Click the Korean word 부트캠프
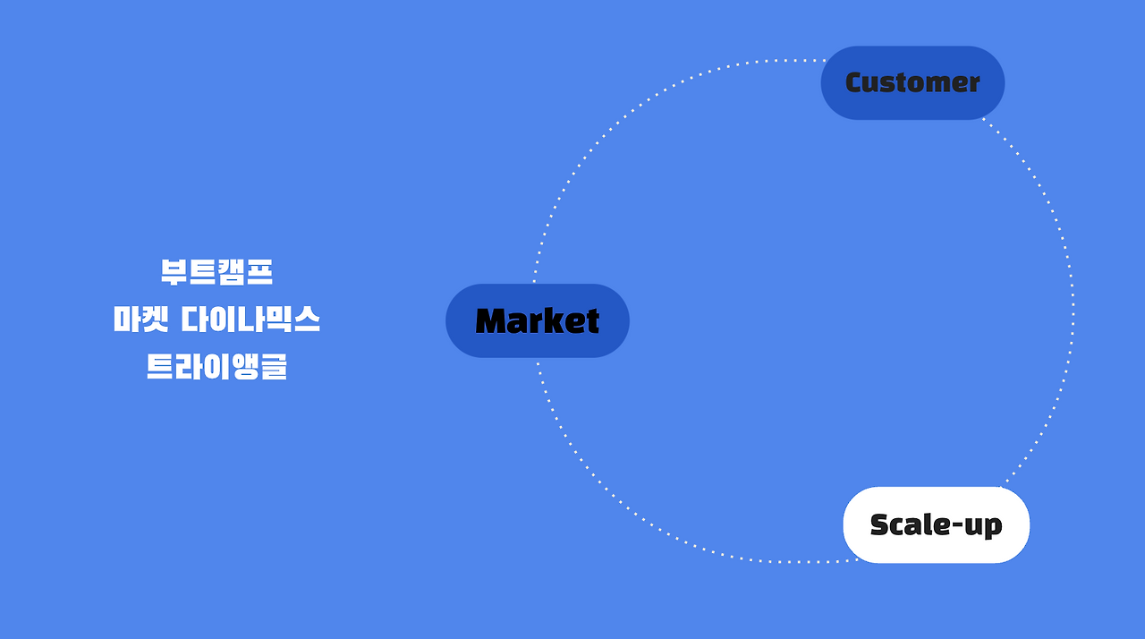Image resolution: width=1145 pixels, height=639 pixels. pos(216,272)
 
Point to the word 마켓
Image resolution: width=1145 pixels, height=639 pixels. pos(140,319)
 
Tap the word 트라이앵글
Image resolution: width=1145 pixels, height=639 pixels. pos(216,367)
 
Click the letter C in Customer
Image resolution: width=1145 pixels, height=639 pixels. pos(854,82)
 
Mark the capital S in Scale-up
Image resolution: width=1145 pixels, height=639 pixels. pos(880,524)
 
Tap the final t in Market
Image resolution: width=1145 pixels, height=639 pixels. pos(591,321)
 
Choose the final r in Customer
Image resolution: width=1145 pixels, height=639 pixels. pos(973,84)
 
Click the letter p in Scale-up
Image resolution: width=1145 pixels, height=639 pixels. pos(993,527)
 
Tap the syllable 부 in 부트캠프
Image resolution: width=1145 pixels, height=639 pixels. pos(174,272)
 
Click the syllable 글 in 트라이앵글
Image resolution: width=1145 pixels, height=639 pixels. pos(273,367)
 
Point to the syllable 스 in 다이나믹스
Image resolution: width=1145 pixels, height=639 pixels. pos(306,319)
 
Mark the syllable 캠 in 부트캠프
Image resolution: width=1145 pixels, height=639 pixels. pos(231,272)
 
